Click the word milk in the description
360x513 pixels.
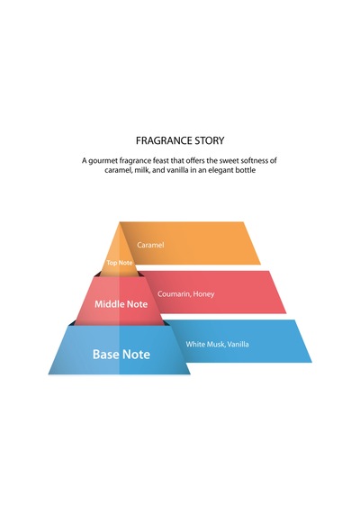tap(142, 170)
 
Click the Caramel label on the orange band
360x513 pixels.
tap(150, 245)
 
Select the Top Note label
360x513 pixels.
tap(120, 263)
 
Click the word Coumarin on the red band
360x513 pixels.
tap(174, 293)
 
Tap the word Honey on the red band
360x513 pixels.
tap(203, 294)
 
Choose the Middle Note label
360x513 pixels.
tap(121, 304)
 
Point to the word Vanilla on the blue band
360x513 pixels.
tap(238, 344)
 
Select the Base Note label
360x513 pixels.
tap(121, 355)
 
